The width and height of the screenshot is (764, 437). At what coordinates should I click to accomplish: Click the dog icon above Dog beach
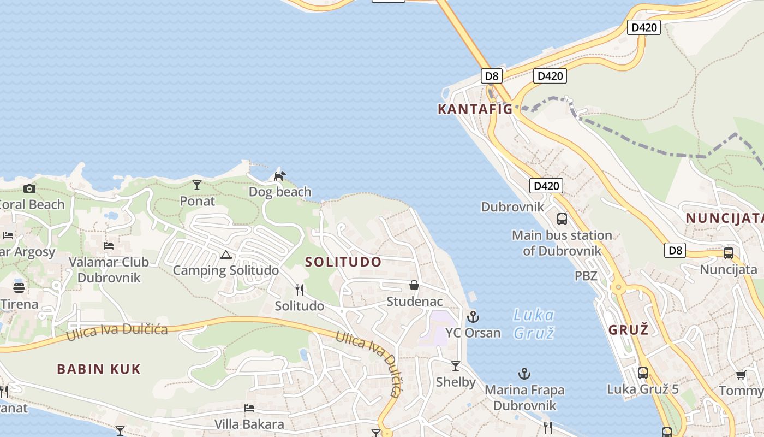(x=279, y=176)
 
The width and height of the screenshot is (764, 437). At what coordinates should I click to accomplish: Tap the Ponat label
(x=198, y=201)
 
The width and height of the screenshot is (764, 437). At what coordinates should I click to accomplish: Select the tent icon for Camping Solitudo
(x=226, y=255)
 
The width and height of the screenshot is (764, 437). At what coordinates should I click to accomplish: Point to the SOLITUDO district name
(x=343, y=262)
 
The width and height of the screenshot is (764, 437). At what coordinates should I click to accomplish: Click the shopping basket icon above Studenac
(x=414, y=285)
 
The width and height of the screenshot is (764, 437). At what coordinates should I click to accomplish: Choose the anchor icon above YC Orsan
(x=473, y=316)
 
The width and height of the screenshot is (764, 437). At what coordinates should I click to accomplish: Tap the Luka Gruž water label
(x=534, y=323)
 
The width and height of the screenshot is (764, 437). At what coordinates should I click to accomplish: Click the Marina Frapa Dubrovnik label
(x=524, y=398)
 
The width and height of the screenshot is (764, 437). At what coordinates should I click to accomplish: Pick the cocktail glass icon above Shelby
(x=456, y=366)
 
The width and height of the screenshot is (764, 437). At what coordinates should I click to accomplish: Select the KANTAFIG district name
(x=475, y=109)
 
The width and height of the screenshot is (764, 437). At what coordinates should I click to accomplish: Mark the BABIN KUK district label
(x=99, y=369)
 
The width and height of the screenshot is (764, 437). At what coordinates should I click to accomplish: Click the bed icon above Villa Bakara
(x=249, y=408)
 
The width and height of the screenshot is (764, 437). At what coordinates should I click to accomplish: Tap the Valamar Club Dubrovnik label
(x=109, y=270)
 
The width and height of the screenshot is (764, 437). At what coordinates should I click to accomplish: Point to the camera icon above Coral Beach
(x=29, y=189)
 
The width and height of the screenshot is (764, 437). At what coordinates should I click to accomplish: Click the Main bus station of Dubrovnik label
(x=562, y=243)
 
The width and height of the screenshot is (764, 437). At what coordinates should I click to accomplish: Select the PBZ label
(x=586, y=276)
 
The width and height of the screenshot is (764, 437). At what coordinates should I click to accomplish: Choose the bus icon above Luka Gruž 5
(x=643, y=373)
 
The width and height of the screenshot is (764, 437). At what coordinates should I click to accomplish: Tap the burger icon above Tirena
(x=19, y=287)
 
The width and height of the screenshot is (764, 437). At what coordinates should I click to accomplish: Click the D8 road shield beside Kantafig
(x=492, y=76)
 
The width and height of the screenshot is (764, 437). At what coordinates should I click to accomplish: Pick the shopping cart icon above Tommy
(x=741, y=375)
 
